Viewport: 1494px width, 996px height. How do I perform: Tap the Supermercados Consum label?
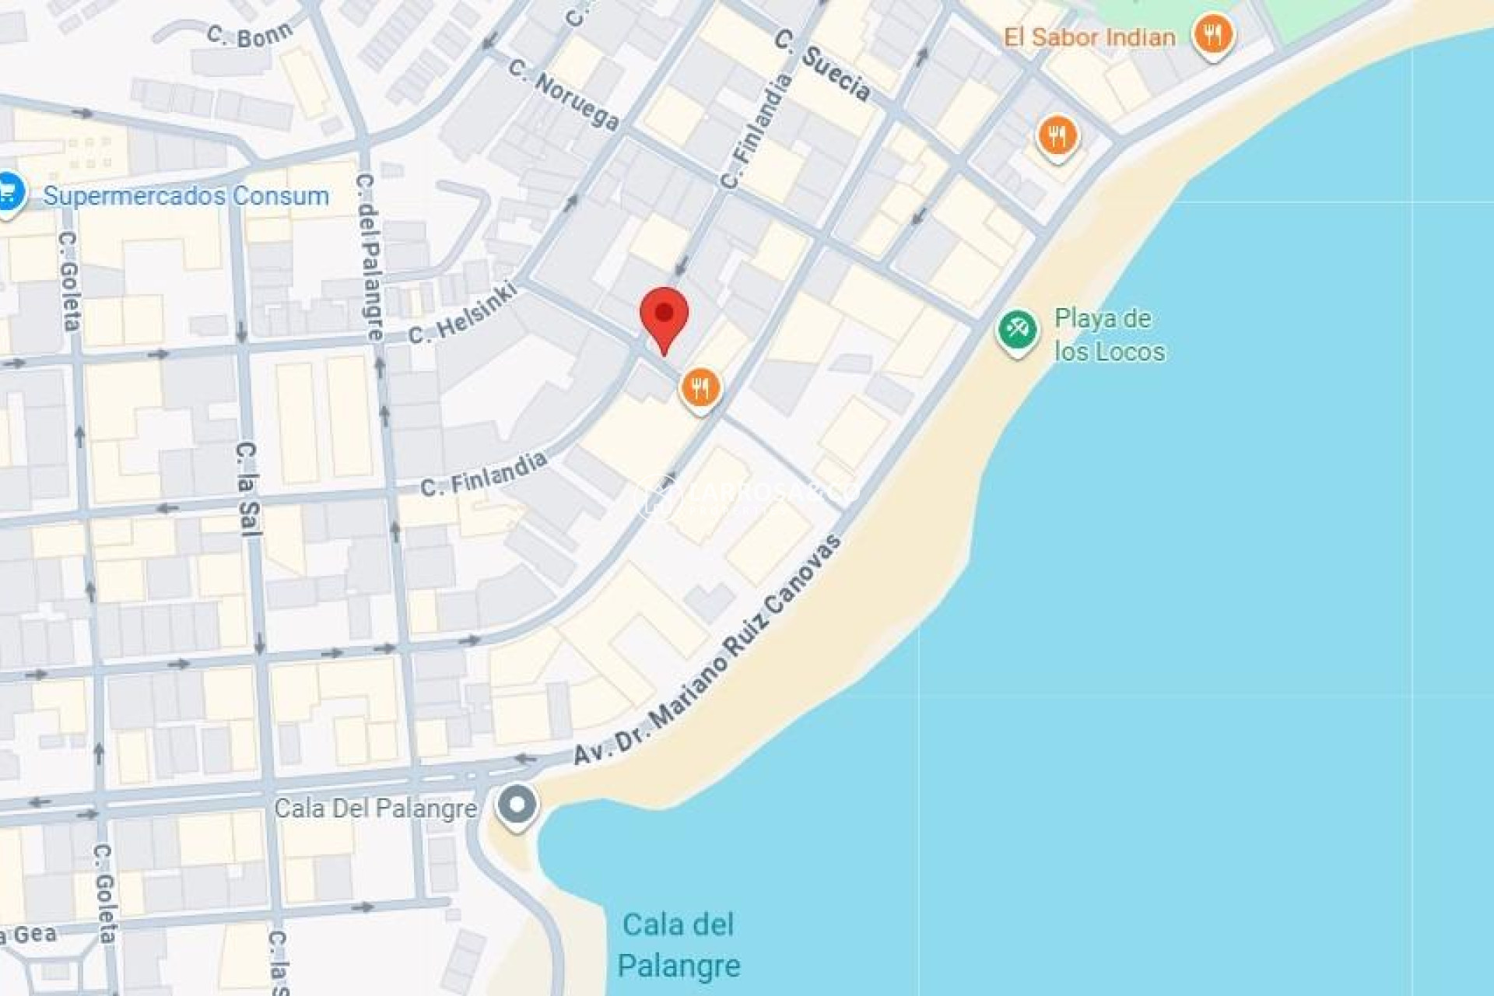186,195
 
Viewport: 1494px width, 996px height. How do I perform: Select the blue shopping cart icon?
9,192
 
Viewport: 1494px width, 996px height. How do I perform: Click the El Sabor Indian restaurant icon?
1213,35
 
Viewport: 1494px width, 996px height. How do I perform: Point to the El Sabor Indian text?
1089,37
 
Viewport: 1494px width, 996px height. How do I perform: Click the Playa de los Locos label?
1109,335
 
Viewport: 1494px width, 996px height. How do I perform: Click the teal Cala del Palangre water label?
679,945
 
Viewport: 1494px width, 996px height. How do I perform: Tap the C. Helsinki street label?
462,313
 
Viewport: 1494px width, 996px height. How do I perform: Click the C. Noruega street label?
564,93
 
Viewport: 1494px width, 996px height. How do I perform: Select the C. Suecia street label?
823,65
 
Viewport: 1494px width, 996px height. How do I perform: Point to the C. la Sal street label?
247,489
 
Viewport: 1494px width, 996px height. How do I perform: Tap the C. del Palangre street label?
370,257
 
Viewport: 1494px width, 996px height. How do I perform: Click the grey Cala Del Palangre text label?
376,808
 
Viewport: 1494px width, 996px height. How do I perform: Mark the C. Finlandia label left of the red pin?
483,475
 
